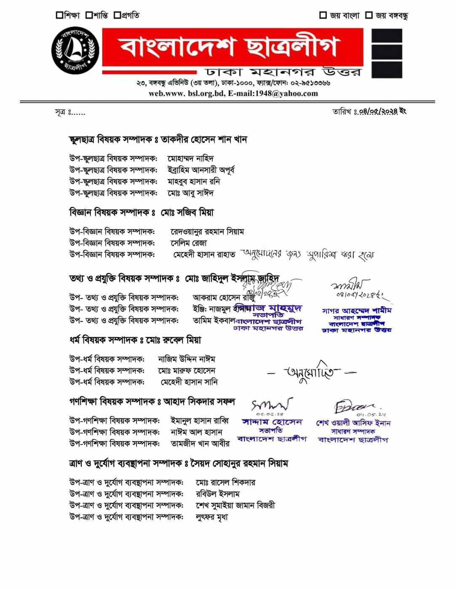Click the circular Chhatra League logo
pyautogui.click(x=75, y=51)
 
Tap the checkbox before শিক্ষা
pyautogui.click(x=59, y=16)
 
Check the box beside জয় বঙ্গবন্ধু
pyautogui.click(x=369, y=16)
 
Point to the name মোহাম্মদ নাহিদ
pyautogui.click(x=191, y=159)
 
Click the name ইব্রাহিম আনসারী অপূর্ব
pyautogui.click(x=201, y=170)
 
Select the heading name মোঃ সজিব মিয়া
pyautogui.click(x=187, y=213)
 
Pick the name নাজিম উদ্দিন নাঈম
pyautogui.click(x=187, y=359)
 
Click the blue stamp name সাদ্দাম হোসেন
pyautogui.click(x=272, y=422)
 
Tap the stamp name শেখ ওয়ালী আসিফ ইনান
pyautogui.click(x=353, y=423)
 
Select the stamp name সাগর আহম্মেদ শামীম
pyautogui.click(x=357, y=311)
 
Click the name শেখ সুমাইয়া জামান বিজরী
pyautogui.click(x=236, y=505)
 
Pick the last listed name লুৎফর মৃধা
pyautogui.click(x=212, y=517)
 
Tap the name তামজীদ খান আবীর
pyautogui.click(x=200, y=444)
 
